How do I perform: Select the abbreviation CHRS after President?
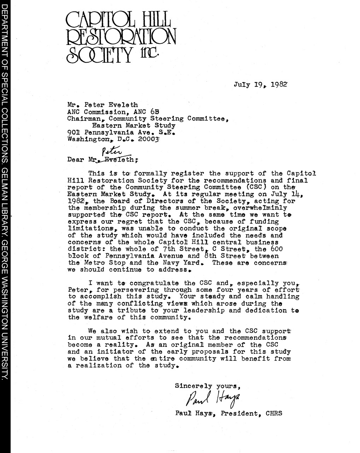point(274,413)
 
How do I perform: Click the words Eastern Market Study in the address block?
point(134,126)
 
